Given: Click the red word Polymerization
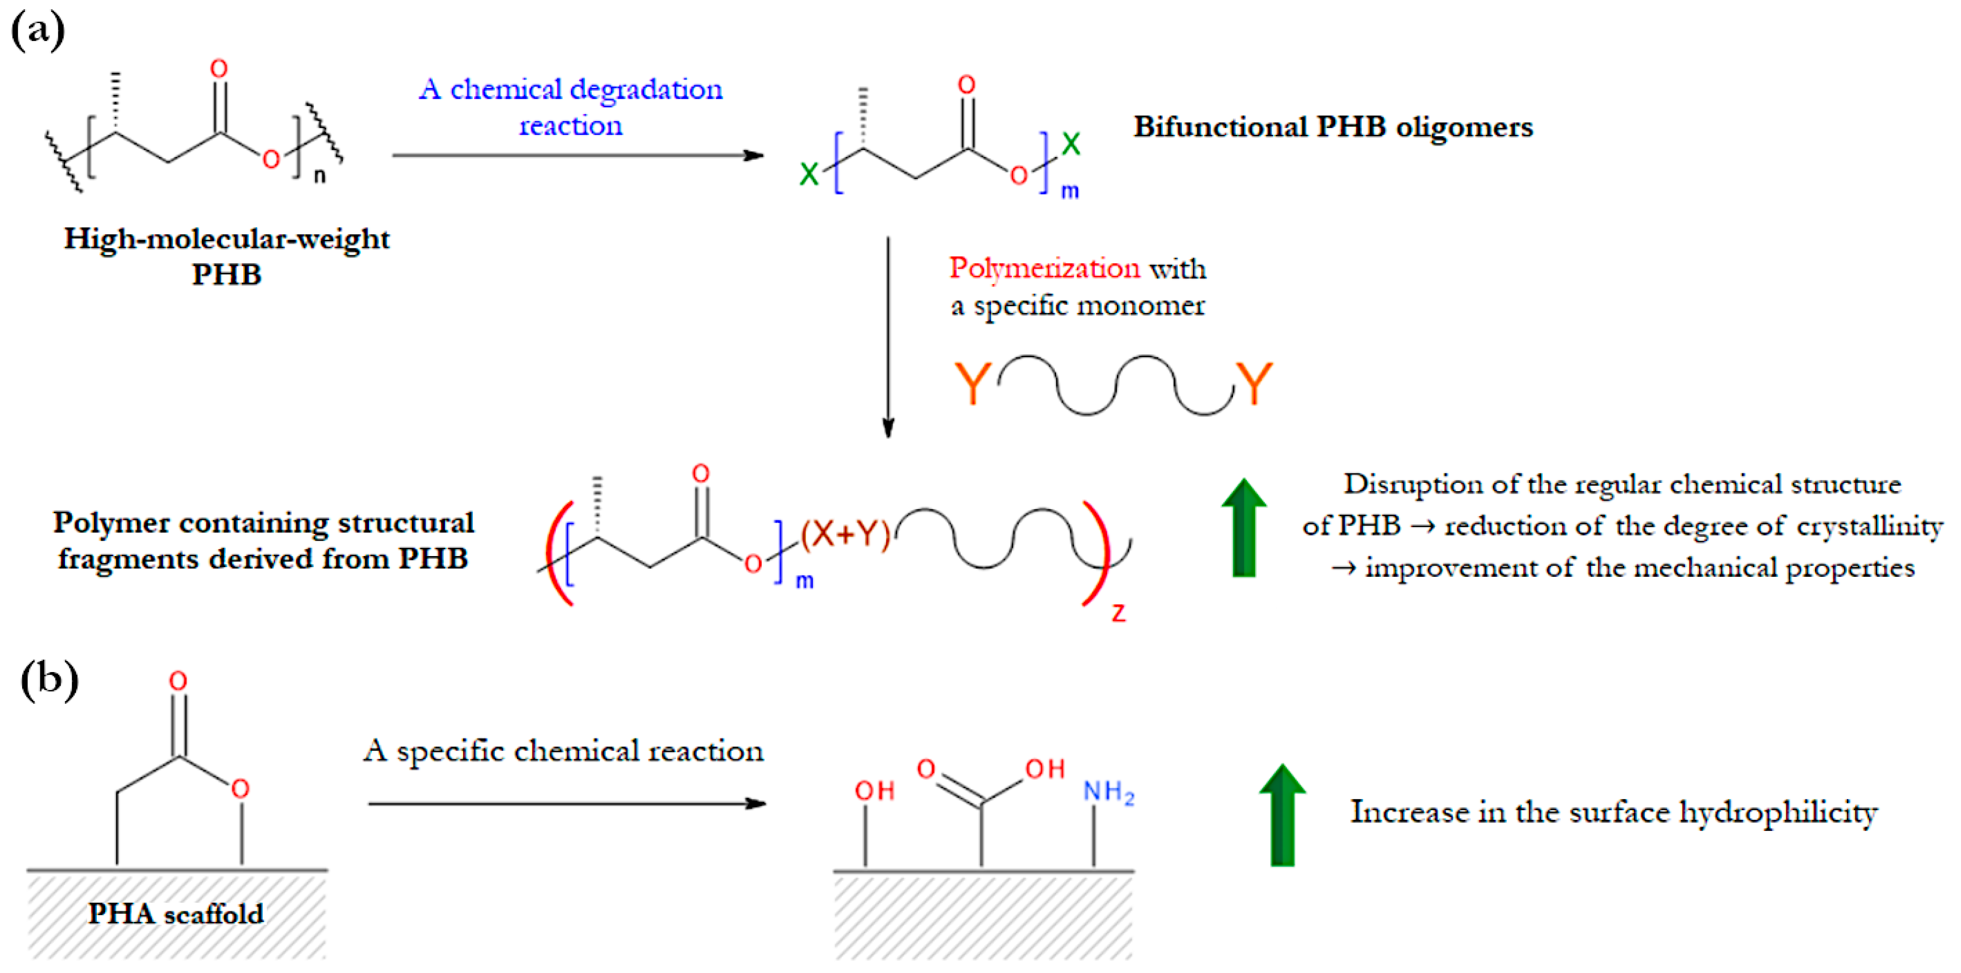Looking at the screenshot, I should pyautogui.click(x=1045, y=269).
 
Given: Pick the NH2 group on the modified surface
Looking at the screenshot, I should pyautogui.click(x=1108, y=793).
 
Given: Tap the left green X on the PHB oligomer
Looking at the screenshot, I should pyautogui.click(x=808, y=174).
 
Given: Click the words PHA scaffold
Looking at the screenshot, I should pyautogui.click(x=176, y=914).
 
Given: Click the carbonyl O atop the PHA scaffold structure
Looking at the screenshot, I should pyautogui.click(x=178, y=681).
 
